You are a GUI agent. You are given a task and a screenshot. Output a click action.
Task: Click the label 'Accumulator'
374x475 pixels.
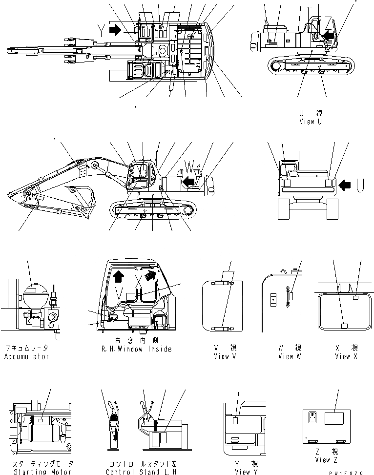[x=27, y=356]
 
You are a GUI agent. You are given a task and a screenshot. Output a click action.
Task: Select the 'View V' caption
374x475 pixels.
[x=225, y=356]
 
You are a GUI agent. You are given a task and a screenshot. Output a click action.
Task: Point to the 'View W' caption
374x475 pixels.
[x=290, y=356]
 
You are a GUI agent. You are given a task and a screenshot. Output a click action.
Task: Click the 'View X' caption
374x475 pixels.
[x=346, y=356]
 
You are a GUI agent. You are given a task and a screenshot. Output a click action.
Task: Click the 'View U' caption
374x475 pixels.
[x=311, y=122]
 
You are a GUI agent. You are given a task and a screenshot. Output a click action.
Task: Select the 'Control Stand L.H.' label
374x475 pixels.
[x=142, y=472]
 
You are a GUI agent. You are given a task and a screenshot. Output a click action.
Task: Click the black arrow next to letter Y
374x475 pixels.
[x=115, y=31]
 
